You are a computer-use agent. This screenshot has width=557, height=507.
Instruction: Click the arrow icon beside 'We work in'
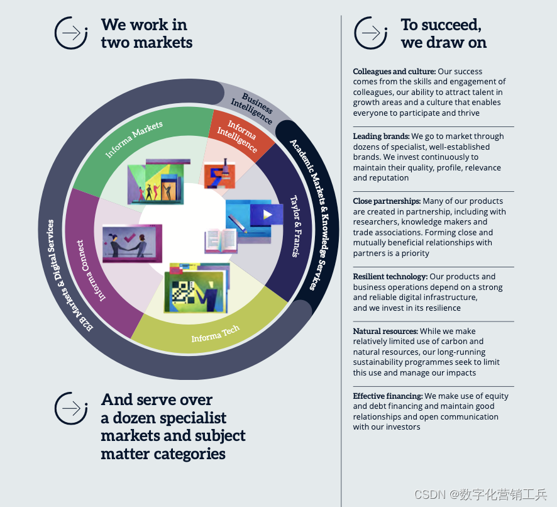pyautogui.click(x=71, y=33)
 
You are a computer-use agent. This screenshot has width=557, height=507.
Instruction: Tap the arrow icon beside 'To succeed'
pyautogui.click(x=371, y=33)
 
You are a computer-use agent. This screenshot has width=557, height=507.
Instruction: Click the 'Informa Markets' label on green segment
pyautogui.click(x=135, y=138)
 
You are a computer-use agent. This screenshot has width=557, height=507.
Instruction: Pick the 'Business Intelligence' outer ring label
pyautogui.click(x=251, y=108)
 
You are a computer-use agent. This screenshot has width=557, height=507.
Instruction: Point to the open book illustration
pyautogui.click(x=220, y=240)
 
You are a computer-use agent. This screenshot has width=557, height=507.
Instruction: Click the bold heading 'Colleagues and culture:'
pyautogui.click(x=395, y=72)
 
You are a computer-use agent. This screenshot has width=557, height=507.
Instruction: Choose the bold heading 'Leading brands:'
pyautogui.click(x=381, y=136)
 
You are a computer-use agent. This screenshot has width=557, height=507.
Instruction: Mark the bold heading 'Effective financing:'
pyautogui.click(x=387, y=396)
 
